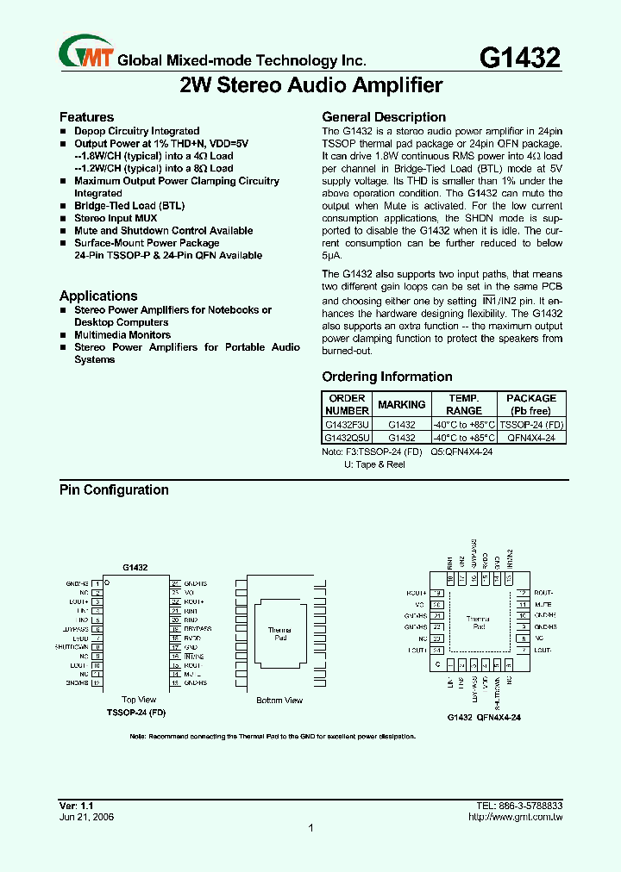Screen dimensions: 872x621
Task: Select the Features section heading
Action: click(86, 117)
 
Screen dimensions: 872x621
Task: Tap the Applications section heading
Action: click(98, 296)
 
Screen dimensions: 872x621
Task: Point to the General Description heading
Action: click(384, 117)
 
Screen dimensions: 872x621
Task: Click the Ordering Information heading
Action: click(387, 377)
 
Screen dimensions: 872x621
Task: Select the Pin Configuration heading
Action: click(114, 490)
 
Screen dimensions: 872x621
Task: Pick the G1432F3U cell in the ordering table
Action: click(347, 425)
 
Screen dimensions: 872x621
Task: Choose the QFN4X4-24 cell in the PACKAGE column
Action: click(530, 438)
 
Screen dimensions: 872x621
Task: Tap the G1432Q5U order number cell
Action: click(347, 438)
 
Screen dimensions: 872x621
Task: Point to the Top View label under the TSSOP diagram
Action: click(139, 700)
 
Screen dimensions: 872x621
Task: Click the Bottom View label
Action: click(279, 701)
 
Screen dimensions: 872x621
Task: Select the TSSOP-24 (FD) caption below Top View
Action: click(135, 713)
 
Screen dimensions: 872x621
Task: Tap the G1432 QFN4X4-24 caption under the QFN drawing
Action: click(483, 718)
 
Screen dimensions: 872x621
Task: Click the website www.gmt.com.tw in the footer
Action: click(521, 817)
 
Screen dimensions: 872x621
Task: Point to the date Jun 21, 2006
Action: click(86, 817)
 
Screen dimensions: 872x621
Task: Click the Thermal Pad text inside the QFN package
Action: click(478, 623)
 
